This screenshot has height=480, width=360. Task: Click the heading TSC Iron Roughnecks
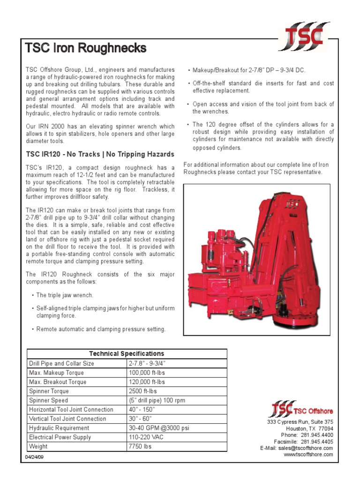click(x=85, y=48)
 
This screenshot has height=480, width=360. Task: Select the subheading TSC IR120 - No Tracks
click(x=100, y=154)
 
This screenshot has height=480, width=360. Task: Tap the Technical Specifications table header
click(x=127, y=353)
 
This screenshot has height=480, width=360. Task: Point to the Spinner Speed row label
click(x=48, y=400)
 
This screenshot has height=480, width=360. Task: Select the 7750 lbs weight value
click(x=140, y=446)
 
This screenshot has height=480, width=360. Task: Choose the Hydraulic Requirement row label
click(x=59, y=428)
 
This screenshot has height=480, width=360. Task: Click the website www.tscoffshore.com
click(x=308, y=455)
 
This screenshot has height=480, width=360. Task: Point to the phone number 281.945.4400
click(x=317, y=435)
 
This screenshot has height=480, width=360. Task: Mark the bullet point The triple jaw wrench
click(x=65, y=295)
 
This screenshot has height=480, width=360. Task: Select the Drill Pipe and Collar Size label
click(x=61, y=363)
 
